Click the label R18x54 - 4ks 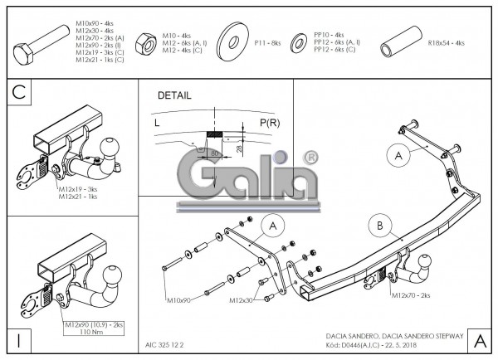click(x=445, y=41)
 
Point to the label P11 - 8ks click(x=268, y=41)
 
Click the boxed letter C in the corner click(x=20, y=94)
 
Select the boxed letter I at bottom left click(x=18, y=340)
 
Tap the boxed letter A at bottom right click(x=478, y=339)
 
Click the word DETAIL click(x=173, y=95)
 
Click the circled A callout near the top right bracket click(x=398, y=154)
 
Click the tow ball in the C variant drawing click(x=108, y=148)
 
